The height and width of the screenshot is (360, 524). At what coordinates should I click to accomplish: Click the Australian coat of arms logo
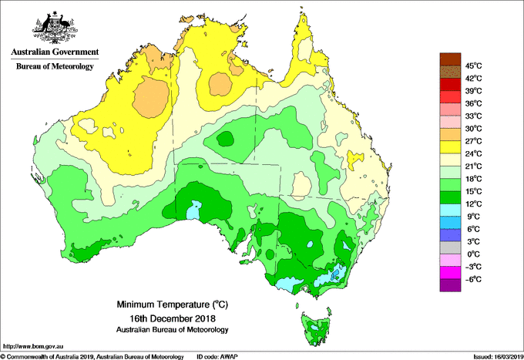tap(55, 27)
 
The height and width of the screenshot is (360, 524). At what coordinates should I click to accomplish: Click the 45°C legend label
tap(473, 66)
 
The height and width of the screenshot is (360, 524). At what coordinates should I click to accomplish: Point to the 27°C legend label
tap(472, 141)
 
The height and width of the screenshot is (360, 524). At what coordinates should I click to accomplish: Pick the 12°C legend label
tap(472, 204)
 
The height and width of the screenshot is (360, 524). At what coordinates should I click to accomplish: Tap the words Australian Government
tap(55, 53)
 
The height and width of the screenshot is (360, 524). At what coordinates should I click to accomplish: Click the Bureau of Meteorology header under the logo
tap(55, 67)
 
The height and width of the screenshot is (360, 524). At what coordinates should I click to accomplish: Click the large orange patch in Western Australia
tap(151, 98)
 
